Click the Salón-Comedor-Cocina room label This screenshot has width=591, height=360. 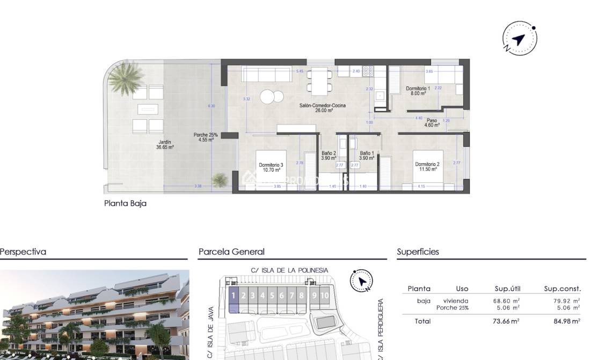click(x=323, y=108)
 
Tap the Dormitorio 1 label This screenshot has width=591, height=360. click(x=418, y=91)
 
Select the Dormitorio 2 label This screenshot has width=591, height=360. click(x=427, y=167)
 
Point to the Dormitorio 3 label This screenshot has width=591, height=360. click(x=271, y=167)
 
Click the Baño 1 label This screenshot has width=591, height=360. click(x=367, y=156)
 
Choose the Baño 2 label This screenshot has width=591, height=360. click(x=329, y=156)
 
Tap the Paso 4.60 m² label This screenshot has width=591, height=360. click(x=432, y=123)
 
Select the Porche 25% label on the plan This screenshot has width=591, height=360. click(x=206, y=137)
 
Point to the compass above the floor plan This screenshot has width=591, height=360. click(x=519, y=38)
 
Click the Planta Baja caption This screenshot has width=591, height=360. click(x=125, y=204)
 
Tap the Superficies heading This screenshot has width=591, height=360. click(x=418, y=252)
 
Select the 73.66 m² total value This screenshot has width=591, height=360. click(x=506, y=321)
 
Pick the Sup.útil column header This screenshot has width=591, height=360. click(x=507, y=289)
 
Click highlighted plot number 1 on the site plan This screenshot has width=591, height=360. click(x=234, y=296)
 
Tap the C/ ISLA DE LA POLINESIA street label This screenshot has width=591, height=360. click(x=289, y=270)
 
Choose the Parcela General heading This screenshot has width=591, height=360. click(x=231, y=252)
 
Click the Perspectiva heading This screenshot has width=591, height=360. click(x=23, y=252)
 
